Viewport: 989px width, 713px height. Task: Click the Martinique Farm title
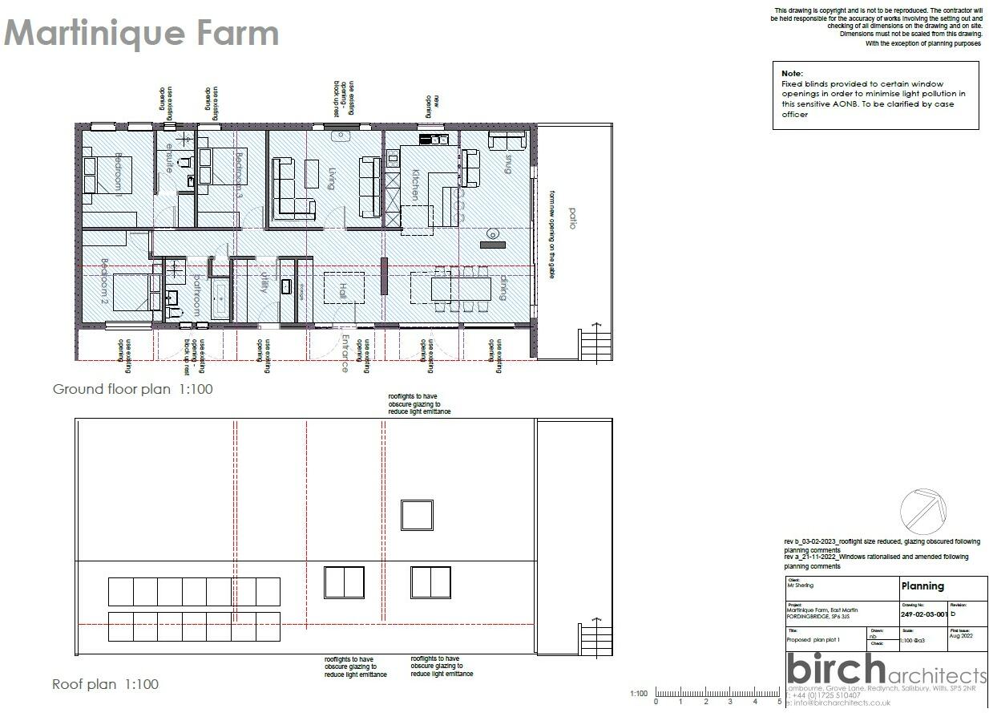coord(142,34)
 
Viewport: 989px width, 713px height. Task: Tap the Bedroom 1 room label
coord(117,174)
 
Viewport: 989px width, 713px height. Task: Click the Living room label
coord(332,178)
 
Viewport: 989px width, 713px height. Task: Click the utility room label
coord(264,282)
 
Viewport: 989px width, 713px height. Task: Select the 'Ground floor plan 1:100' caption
coord(133,389)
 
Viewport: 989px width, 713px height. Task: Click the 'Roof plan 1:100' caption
coord(105,684)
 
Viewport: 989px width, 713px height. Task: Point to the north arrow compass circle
coord(923,510)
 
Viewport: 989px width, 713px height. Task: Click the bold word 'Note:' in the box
coord(792,73)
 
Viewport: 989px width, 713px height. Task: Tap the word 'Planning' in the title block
coord(922,586)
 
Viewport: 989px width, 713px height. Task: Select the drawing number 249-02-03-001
coord(924,614)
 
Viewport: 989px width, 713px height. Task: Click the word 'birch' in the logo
coord(835,669)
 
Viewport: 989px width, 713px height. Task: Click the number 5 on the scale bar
coord(779,702)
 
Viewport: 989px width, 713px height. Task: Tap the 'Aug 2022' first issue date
coord(961,635)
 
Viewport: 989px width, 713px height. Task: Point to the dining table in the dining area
coord(460,287)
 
